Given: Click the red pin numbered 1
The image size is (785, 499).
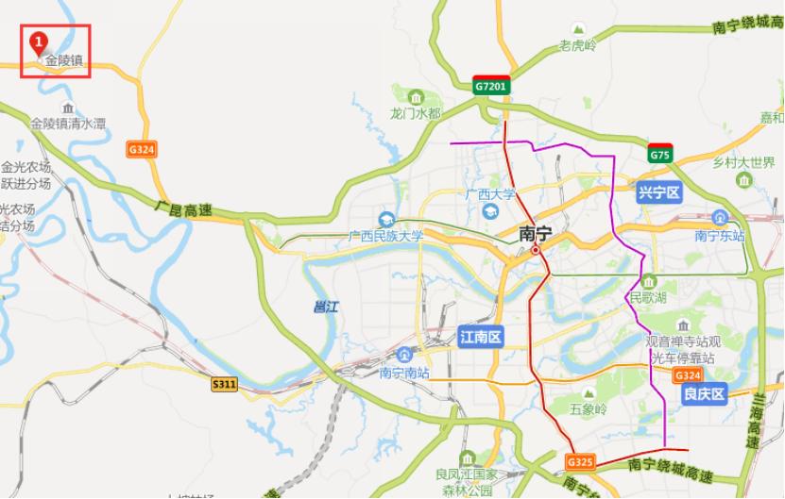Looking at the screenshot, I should pos(38,43).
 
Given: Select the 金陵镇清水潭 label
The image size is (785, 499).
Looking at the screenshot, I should pos(68,124).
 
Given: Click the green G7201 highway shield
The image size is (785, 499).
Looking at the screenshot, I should pos(491,87).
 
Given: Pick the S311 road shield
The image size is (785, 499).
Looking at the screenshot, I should pos(224,384).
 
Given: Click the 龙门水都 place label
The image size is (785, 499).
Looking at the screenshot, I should pos(416,114).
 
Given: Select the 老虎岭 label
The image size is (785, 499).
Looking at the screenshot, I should pos(577,45).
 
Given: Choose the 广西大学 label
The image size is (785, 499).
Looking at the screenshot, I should pos(490,194).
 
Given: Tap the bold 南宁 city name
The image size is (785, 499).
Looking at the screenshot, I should pos(536,233).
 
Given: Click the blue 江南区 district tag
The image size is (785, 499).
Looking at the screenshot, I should pos(481,337).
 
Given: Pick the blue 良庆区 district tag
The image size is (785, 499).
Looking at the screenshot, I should pos(704,393).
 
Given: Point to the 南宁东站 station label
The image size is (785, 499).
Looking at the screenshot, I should pos(720,236).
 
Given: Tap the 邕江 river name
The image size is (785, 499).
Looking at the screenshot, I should pos(325,307).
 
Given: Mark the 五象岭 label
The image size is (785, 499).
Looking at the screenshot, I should pos(588,409).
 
